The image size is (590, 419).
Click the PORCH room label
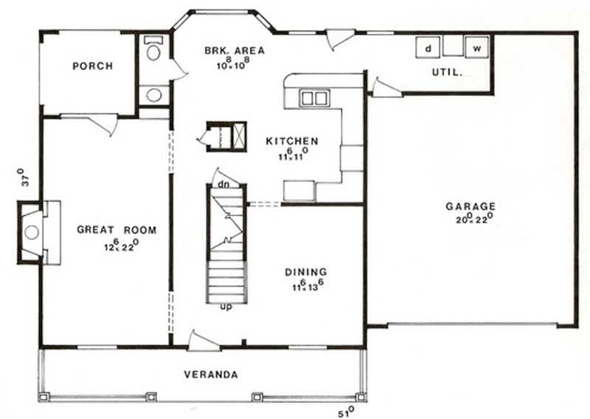pyautogui.click(x=92, y=66)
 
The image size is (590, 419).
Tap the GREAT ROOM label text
pyautogui.click(x=117, y=230)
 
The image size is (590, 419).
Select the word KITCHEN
pyautogui.click(x=292, y=141)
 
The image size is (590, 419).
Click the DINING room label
pyautogui.click(x=305, y=272)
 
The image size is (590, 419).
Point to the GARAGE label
pyautogui.click(x=471, y=207)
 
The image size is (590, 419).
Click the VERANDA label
pyautogui.click(x=211, y=375)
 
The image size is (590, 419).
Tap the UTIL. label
pyautogui.click(x=447, y=72)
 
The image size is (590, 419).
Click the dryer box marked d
pyautogui.click(x=428, y=48)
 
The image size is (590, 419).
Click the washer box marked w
pyautogui.click(x=477, y=48)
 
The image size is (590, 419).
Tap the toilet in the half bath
pyautogui.click(x=154, y=51)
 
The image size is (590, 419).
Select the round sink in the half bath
pyautogui.click(x=154, y=94)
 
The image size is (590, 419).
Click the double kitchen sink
pyautogui.click(x=313, y=97)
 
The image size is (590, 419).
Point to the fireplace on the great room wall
pyautogui.click(x=31, y=232)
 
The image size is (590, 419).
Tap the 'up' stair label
pyautogui.click(x=227, y=306)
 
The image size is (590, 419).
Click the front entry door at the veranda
pyautogui.click(x=202, y=341)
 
